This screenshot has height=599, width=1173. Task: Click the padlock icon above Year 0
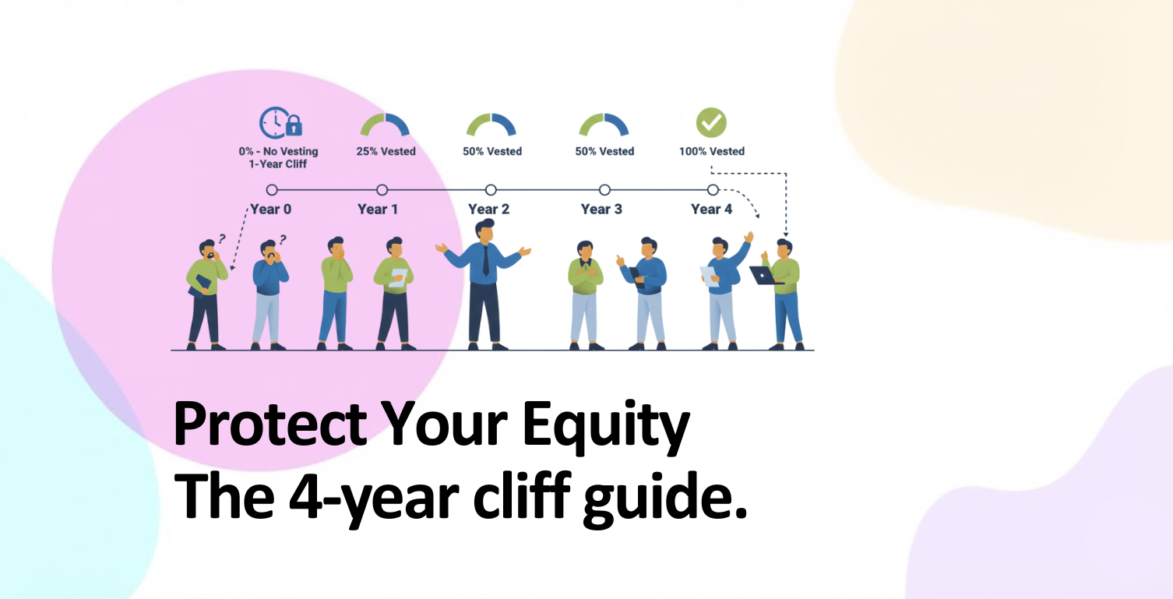(294, 125)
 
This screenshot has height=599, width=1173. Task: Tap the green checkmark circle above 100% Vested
(711, 122)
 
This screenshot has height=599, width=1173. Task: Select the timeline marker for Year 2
(491, 189)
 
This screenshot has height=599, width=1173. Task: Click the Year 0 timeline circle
(272, 189)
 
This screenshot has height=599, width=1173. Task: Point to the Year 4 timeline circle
(713, 189)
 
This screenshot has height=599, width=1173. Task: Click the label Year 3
(601, 210)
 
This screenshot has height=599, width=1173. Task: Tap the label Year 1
(378, 210)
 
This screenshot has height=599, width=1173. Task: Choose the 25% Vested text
(386, 151)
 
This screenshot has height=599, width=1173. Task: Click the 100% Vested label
(712, 151)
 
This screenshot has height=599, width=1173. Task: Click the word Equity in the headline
(606, 424)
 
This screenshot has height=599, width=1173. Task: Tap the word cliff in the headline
(522, 495)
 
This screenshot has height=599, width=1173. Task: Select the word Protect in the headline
(270, 423)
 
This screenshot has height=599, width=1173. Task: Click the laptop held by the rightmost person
(765, 275)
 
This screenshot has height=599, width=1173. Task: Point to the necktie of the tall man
(485, 260)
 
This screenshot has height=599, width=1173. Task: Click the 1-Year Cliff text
(277, 164)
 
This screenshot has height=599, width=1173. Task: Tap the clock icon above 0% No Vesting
(273, 122)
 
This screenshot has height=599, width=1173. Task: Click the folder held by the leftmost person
(199, 287)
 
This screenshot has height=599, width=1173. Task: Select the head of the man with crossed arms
(584, 250)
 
